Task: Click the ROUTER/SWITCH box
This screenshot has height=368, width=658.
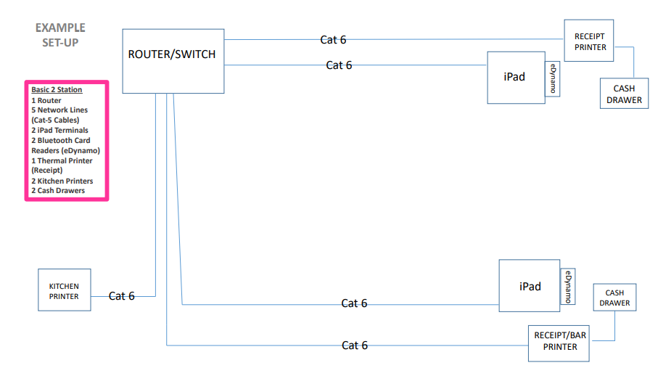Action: (x=173, y=61)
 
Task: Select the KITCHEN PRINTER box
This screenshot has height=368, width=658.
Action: (x=64, y=290)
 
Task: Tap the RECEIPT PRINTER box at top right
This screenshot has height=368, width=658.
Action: (x=589, y=41)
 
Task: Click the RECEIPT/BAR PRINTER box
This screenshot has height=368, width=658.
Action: (x=559, y=342)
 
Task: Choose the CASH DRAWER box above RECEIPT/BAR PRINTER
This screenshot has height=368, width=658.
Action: (x=614, y=298)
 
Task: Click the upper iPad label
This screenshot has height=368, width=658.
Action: (x=514, y=77)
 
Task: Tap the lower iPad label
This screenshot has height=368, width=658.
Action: (x=530, y=286)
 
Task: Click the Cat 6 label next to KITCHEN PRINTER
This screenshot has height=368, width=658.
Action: (x=122, y=296)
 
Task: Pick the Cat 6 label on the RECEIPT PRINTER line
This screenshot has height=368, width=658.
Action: (x=333, y=40)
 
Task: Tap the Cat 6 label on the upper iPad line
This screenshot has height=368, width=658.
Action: (x=339, y=65)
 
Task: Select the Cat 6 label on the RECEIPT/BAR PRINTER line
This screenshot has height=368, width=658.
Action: (x=355, y=345)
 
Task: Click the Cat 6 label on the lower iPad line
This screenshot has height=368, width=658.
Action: (x=354, y=303)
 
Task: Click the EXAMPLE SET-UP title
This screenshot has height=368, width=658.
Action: (x=59, y=35)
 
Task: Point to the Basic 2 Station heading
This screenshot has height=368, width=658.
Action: (x=57, y=90)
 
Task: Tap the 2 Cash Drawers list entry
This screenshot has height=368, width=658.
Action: (x=57, y=191)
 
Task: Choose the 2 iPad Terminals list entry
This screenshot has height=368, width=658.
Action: (x=59, y=131)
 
